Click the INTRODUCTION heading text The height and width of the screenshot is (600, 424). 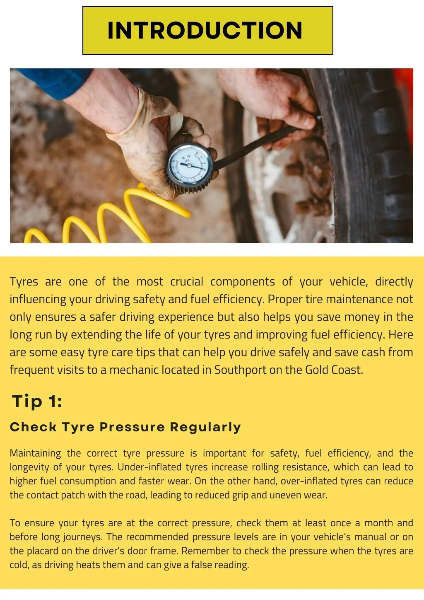tap(205, 31)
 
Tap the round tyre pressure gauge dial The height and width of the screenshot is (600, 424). tap(189, 166)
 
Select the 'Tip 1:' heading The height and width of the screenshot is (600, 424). tap(37, 401)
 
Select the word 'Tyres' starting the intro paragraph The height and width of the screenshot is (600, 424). tap(24, 282)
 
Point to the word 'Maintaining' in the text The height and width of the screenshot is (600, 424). tap(35, 453)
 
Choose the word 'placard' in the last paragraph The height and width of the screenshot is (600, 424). tap(43, 551)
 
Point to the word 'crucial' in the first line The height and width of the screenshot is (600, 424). tap(187, 282)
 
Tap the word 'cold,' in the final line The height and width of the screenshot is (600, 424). tap(19, 565)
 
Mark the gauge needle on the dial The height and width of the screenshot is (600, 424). tap(191, 166)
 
